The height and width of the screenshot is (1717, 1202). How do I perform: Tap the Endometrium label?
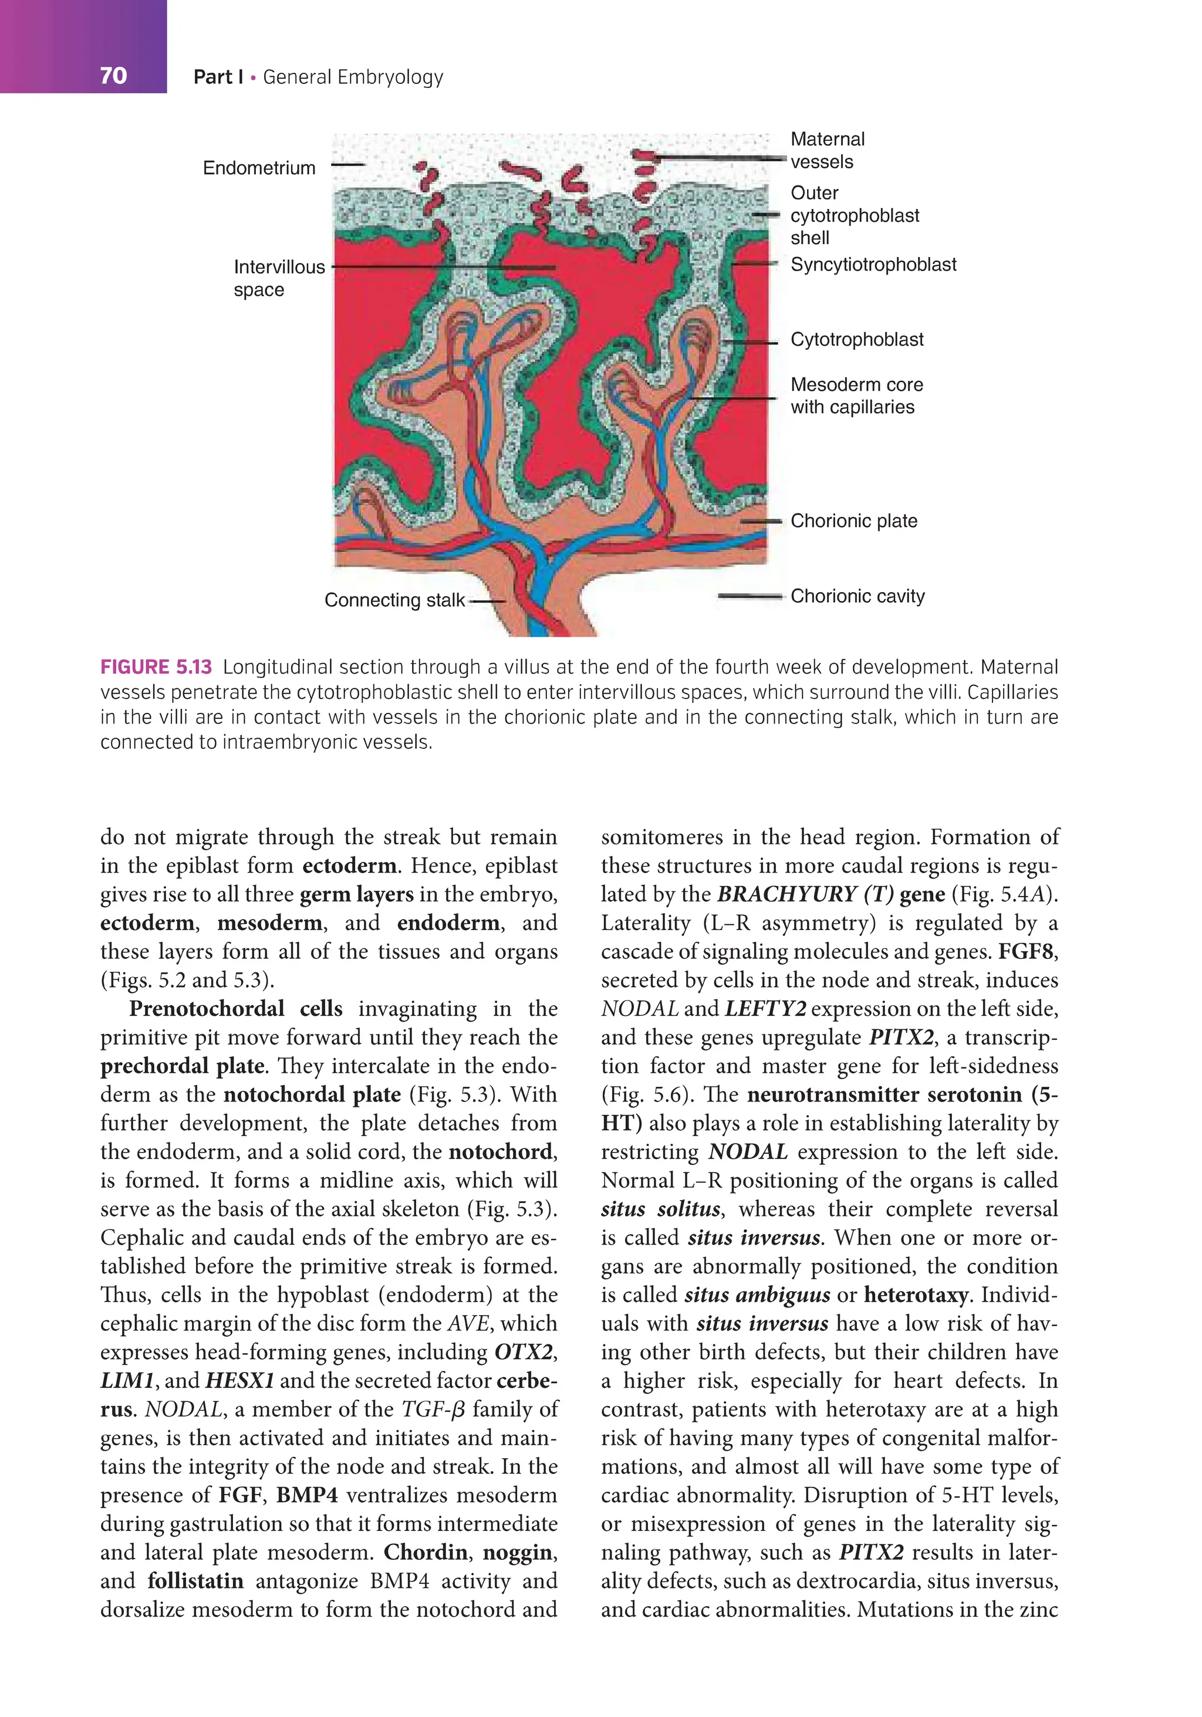click(259, 167)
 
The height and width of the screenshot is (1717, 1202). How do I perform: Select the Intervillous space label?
click(279, 278)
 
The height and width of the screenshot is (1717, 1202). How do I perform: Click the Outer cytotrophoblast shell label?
click(854, 215)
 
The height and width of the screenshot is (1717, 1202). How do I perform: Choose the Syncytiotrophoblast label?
click(873, 265)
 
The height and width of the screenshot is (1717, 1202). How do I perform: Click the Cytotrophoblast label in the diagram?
click(856, 340)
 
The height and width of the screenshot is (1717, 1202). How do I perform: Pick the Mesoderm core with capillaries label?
click(856, 396)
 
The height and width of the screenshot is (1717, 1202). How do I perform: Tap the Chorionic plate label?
click(853, 521)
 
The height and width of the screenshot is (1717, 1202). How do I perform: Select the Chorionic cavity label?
click(857, 596)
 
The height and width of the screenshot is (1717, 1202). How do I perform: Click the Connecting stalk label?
click(394, 600)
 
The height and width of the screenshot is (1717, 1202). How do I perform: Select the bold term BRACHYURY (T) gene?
click(830, 894)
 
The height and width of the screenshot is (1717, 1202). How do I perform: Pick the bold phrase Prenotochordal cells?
click(235, 1009)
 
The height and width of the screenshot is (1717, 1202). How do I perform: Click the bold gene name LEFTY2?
click(764, 1009)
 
